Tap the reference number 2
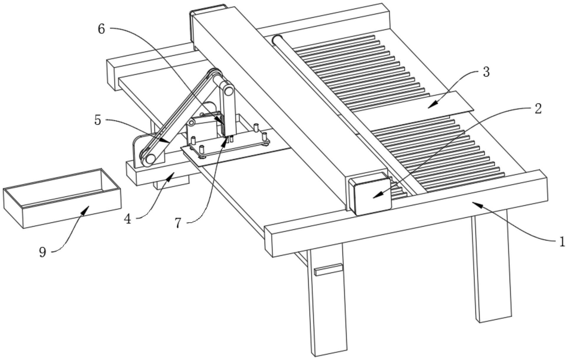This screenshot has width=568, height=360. point(538,109)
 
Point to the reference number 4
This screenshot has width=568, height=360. point(127,219)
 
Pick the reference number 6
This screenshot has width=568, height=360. point(101,29)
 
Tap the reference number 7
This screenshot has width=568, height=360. point(178,223)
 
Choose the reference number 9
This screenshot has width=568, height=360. point(43,252)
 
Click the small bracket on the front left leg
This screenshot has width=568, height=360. point(328,270)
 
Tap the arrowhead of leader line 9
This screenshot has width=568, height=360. point(87,208)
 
